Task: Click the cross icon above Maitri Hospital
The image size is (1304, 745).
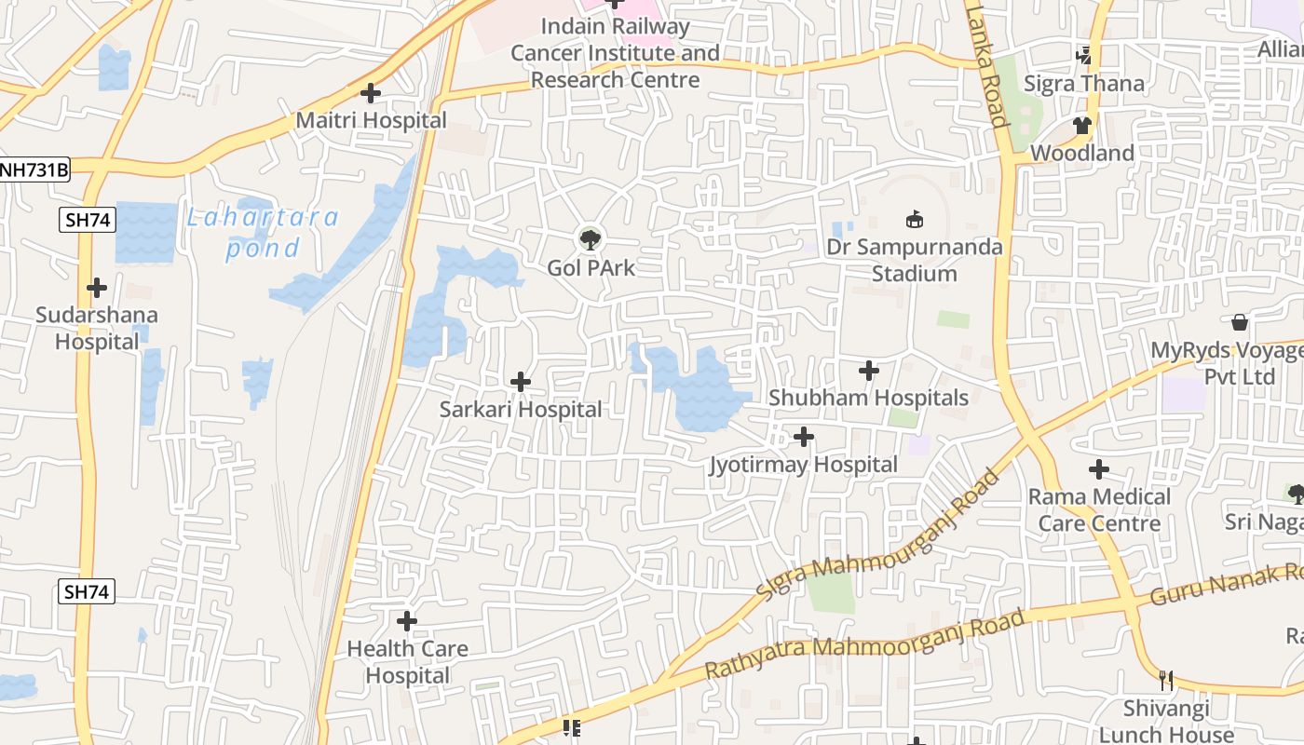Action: pyautogui.click(x=371, y=93)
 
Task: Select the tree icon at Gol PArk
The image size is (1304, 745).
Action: pyautogui.click(x=590, y=239)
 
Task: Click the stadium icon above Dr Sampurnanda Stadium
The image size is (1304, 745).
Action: pyautogui.click(x=915, y=220)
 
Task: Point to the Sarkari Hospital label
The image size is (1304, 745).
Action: pyautogui.click(x=521, y=409)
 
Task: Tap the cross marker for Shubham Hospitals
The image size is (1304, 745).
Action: pyautogui.click(x=868, y=371)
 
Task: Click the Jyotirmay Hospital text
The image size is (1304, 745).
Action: pyautogui.click(x=803, y=464)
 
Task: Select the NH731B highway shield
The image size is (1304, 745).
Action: pyautogui.click(x=34, y=169)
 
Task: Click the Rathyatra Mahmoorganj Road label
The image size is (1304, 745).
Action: pyautogui.click(x=864, y=643)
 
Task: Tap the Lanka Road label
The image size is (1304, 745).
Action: pyautogui.click(x=985, y=65)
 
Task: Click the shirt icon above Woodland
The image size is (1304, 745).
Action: pyautogui.click(x=1081, y=125)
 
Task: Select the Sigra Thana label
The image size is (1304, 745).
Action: pyautogui.click(x=1083, y=83)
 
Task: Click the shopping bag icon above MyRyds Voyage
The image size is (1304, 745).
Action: pyautogui.click(x=1240, y=322)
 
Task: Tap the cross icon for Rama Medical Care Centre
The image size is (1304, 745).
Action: pyautogui.click(x=1099, y=468)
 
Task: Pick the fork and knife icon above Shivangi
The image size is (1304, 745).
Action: pyautogui.click(x=1165, y=681)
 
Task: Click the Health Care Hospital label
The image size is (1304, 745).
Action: pyautogui.click(x=407, y=661)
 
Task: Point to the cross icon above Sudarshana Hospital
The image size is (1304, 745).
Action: pyautogui.click(x=96, y=288)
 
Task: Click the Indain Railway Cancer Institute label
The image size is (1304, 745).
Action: pyautogui.click(x=615, y=53)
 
